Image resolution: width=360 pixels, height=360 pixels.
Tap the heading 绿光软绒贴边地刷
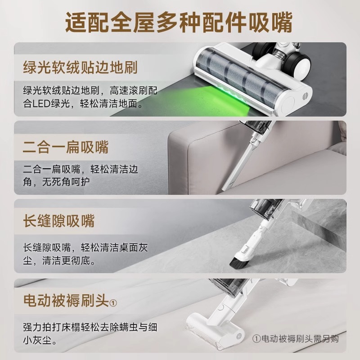point(80,68)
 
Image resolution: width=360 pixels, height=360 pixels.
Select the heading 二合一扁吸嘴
point(66,147)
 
